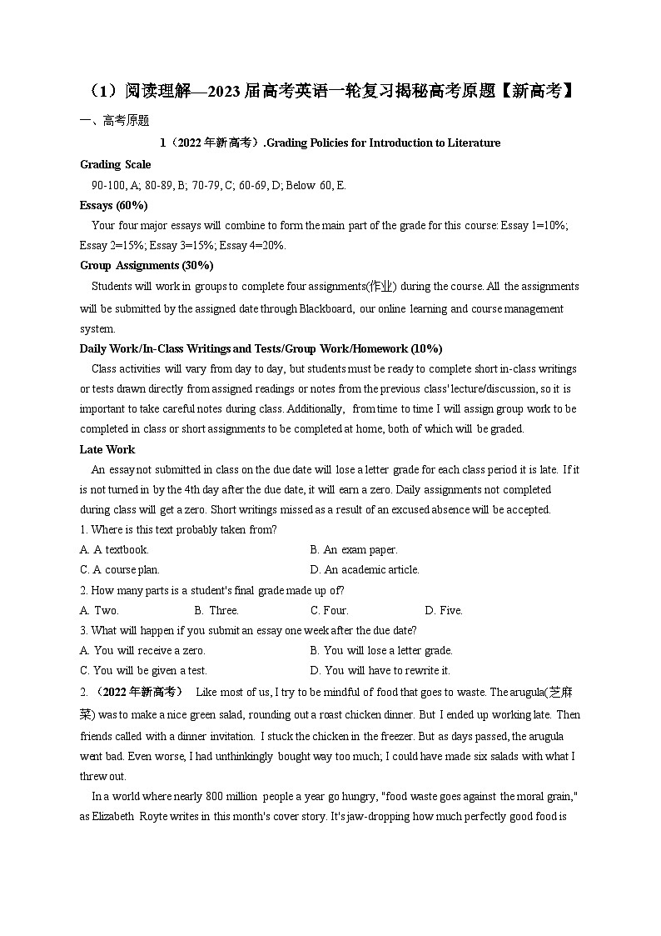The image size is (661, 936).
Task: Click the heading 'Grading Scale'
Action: (x=115, y=164)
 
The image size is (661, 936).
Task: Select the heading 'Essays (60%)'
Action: (x=113, y=205)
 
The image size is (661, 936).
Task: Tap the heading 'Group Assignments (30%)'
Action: (x=147, y=265)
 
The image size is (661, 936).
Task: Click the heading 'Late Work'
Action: (x=107, y=449)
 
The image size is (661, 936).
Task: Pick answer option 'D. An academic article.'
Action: (x=365, y=569)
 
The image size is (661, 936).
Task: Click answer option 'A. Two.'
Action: (x=99, y=610)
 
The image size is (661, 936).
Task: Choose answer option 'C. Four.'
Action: (x=330, y=610)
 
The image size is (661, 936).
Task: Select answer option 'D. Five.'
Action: (x=444, y=610)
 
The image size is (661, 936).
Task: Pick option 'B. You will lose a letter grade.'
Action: (x=381, y=650)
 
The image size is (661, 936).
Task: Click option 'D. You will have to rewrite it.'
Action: (x=380, y=670)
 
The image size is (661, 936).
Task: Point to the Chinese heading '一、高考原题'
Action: (x=114, y=121)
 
